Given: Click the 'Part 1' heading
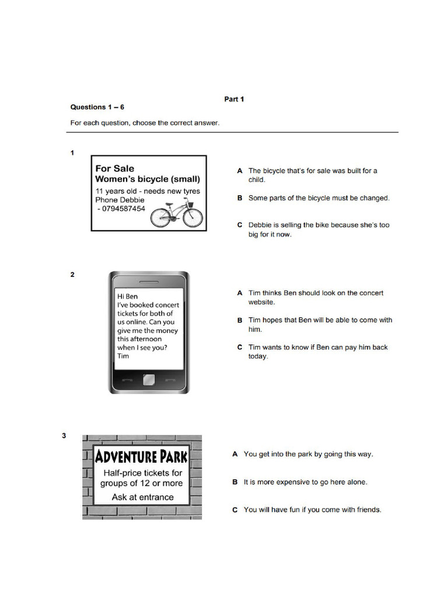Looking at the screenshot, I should [x=234, y=99].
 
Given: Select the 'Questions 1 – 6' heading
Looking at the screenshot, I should [x=97, y=107].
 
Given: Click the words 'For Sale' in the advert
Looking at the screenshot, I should [x=115, y=168].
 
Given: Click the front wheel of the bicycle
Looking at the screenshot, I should [x=192, y=218].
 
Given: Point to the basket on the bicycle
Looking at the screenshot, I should [x=190, y=203].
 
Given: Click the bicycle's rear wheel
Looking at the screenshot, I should [x=161, y=218].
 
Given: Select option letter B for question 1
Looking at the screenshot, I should [x=240, y=198].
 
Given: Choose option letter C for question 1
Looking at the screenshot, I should [x=240, y=225].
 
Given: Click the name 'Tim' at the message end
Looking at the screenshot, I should [x=123, y=356].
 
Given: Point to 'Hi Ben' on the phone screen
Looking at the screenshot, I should [x=128, y=296].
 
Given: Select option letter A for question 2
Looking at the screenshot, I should [x=240, y=293].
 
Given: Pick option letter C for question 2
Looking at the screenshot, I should [x=240, y=347].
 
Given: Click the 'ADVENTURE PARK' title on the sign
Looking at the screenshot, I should [x=142, y=455].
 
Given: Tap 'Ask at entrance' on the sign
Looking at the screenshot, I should [x=142, y=497].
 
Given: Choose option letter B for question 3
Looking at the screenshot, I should [x=235, y=483].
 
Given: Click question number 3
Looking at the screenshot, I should [x=65, y=436].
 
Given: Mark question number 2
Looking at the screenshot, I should [x=72, y=275].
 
